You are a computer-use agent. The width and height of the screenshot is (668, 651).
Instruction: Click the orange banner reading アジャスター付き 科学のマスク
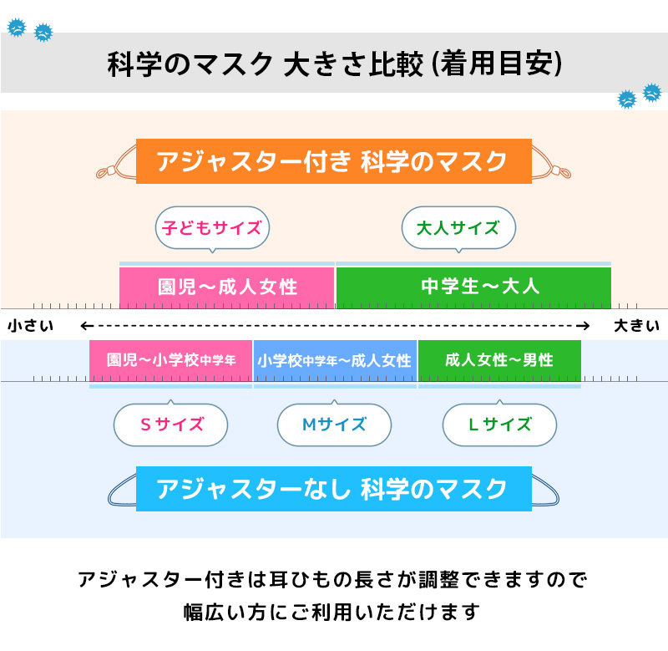333,160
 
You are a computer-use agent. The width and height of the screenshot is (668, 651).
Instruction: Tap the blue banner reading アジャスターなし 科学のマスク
333,488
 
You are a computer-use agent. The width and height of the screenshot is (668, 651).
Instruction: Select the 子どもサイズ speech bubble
212,227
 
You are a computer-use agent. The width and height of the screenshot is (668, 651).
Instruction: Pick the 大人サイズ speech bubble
458,227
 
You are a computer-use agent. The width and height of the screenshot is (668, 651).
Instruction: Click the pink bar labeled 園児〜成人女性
227,287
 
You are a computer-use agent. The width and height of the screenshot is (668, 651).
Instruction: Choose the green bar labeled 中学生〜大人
473,287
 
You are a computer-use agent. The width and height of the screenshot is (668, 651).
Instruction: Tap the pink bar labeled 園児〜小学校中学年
170,361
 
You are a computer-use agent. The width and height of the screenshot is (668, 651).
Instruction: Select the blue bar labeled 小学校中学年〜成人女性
334,361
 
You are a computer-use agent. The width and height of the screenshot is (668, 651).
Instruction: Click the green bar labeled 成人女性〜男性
499,361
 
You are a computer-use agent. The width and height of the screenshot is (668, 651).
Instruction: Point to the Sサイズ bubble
170,425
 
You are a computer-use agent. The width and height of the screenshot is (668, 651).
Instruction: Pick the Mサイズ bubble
334,425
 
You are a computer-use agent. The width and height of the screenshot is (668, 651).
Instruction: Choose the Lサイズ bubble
499,425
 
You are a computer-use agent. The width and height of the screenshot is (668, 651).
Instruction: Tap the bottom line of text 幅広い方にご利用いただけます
333,612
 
